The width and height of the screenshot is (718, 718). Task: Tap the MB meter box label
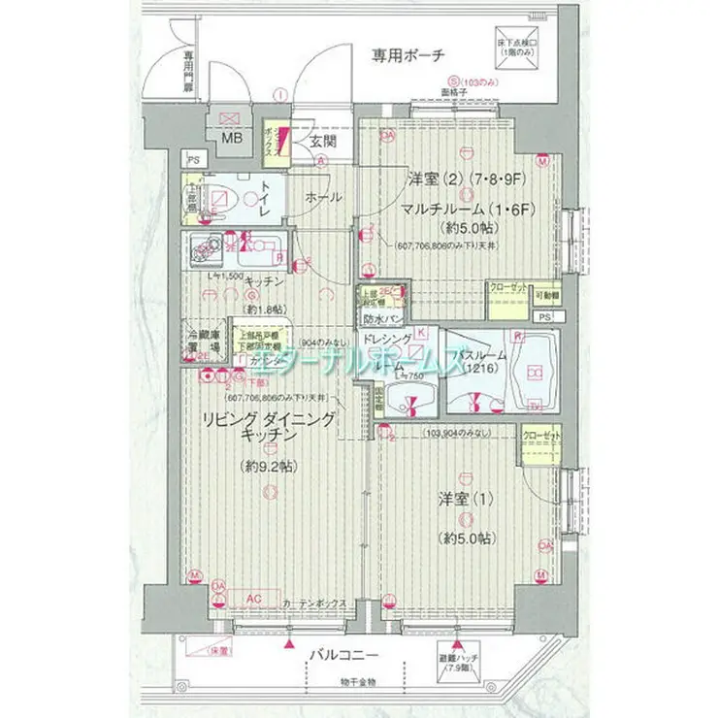click(232, 137)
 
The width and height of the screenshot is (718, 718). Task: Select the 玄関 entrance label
click(322, 142)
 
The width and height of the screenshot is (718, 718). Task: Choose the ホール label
click(323, 197)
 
